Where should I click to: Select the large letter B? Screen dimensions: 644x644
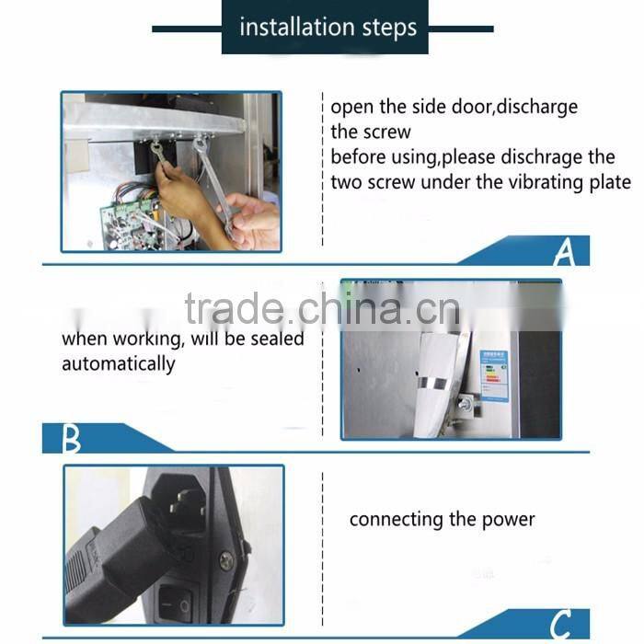coord(71,439)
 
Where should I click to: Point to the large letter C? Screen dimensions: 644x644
coord(562,623)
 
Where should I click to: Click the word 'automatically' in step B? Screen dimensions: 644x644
coord(118,363)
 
